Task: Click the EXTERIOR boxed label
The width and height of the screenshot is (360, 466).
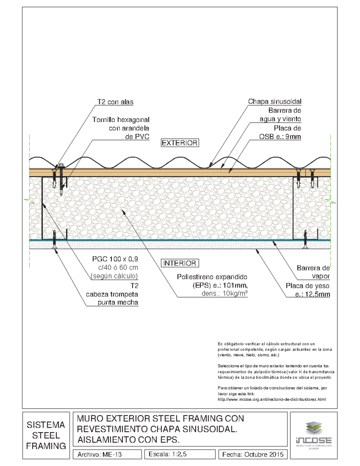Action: point(180,143)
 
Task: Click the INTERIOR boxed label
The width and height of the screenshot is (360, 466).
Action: point(180,263)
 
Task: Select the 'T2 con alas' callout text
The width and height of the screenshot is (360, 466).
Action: point(115,102)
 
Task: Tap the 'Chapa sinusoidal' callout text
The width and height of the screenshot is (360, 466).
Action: point(274,101)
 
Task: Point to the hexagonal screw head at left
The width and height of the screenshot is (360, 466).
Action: point(61,165)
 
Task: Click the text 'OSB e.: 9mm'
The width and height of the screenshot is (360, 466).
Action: point(280,137)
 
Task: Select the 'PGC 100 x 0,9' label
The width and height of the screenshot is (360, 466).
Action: point(115,259)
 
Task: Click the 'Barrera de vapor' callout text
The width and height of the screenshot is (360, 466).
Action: point(313,272)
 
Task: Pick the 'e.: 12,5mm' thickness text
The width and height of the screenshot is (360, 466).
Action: point(312,294)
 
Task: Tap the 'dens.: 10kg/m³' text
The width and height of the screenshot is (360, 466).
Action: point(224,293)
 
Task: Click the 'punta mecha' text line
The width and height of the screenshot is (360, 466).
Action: point(118,302)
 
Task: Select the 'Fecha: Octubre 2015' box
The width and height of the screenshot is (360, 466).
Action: point(253,454)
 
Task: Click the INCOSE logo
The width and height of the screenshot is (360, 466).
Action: point(313,435)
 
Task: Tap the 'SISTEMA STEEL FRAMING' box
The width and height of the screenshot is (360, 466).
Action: point(46,435)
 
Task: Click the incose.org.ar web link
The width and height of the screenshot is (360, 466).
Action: point(271,399)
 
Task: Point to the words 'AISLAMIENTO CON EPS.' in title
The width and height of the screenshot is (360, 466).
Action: point(128,440)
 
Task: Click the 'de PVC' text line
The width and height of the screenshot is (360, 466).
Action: point(137,137)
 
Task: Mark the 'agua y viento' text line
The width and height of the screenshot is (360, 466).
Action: point(280,119)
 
